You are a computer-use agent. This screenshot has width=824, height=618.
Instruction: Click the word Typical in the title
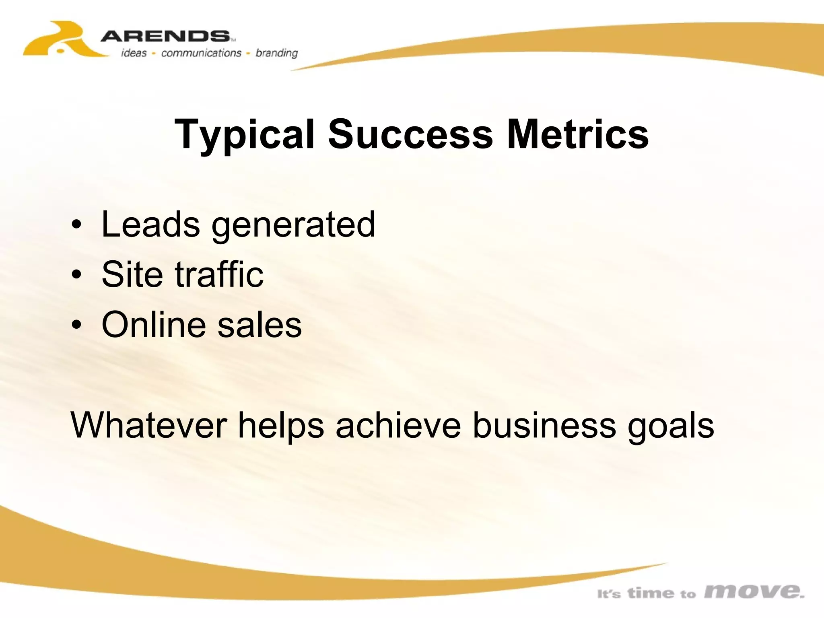click(x=244, y=135)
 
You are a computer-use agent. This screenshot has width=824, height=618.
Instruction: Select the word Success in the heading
click(x=410, y=134)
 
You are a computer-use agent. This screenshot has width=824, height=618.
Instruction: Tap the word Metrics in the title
click(x=577, y=134)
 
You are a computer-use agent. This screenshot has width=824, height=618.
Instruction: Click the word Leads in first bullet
click(x=150, y=224)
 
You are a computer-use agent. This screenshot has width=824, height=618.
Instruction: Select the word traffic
click(x=219, y=274)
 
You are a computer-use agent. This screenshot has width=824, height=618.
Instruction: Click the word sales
click(x=260, y=324)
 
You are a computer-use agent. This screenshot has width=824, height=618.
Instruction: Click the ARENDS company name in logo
click(x=165, y=37)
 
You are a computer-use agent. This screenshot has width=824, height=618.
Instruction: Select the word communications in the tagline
click(x=201, y=53)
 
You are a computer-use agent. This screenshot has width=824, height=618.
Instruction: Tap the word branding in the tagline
click(x=277, y=54)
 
